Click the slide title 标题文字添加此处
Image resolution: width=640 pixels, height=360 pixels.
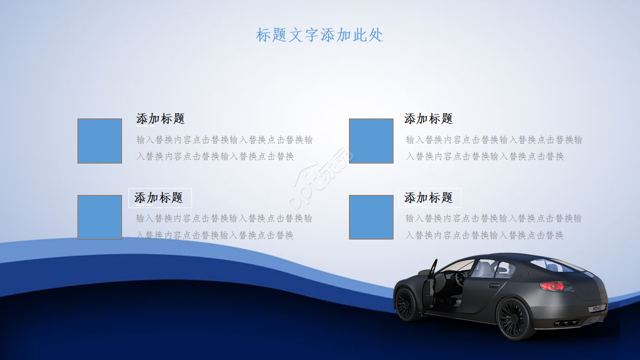[319, 35]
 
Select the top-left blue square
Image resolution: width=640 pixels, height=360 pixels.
[99, 141]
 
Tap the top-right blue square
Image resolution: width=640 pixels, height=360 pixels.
[371, 141]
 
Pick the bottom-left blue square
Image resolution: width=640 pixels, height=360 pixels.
[99, 217]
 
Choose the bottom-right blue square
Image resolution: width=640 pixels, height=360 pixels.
[371, 217]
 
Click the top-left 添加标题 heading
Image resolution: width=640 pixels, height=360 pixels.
[160, 119]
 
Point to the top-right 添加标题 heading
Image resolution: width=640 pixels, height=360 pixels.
[428, 119]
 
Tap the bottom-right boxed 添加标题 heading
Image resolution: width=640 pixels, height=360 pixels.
[429, 198]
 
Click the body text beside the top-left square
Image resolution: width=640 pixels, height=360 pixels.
[224, 148]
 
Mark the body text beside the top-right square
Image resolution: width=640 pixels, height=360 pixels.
[494, 148]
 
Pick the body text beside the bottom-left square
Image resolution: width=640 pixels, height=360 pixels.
[224, 226]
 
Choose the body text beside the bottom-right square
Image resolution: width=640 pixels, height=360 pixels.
[493, 226]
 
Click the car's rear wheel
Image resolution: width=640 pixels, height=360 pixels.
[513, 318]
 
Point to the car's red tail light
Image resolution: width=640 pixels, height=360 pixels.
[552, 286]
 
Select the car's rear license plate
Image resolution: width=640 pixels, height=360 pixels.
[597, 308]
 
